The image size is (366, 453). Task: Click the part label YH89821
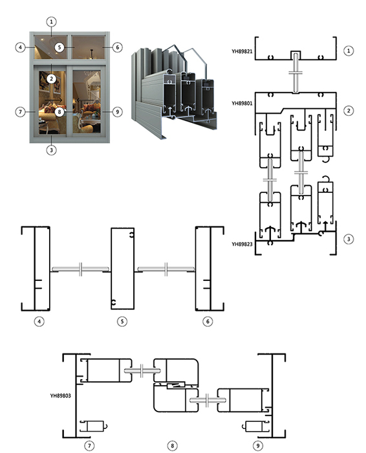click(x=242, y=51)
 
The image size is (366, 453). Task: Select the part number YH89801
click(x=242, y=103)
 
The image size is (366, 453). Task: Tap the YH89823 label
click(x=242, y=244)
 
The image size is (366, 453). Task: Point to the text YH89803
click(x=60, y=395)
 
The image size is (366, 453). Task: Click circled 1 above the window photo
click(x=51, y=21)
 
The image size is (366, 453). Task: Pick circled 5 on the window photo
click(x=59, y=47)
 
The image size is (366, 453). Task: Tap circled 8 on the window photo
click(x=59, y=112)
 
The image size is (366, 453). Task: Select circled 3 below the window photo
click(x=51, y=150)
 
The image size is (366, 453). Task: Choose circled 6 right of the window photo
click(x=117, y=47)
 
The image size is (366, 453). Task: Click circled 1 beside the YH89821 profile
click(x=349, y=51)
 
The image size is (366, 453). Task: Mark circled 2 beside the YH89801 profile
click(x=349, y=111)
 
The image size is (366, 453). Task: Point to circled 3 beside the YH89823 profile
click(x=349, y=239)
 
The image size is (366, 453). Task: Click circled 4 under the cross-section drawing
click(x=39, y=321)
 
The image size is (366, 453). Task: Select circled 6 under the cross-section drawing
click(x=208, y=321)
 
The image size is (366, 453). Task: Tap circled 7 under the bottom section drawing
click(x=89, y=446)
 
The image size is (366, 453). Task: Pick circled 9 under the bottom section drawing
click(x=258, y=446)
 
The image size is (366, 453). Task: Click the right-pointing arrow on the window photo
click(x=54, y=100)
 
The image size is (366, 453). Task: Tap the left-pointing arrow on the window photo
click(x=85, y=100)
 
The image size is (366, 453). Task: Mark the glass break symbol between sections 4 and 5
click(x=81, y=269)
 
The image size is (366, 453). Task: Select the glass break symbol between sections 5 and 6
click(x=166, y=269)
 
